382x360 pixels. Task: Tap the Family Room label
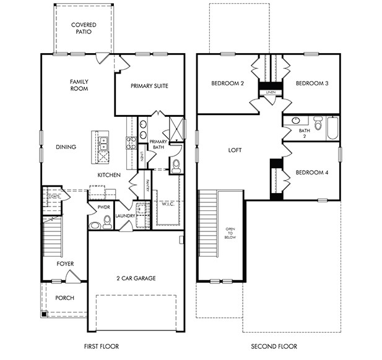click(x=79, y=85)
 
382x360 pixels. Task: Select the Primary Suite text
click(x=149, y=86)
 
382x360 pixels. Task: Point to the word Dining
click(x=66, y=147)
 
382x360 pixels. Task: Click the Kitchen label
click(x=108, y=176)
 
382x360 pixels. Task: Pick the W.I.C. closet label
click(x=167, y=204)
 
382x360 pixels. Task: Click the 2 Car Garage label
click(x=136, y=278)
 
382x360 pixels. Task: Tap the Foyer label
click(x=65, y=264)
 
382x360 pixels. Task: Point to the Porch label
click(x=64, y=298)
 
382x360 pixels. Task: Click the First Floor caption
click(x=101, y=346)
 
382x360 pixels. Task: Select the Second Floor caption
click(x=274, y=346)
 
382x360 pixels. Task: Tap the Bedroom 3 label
click(x=311, y=84)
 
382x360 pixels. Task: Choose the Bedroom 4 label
click(x=311, y=173)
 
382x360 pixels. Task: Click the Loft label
click(x=235, y=150)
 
